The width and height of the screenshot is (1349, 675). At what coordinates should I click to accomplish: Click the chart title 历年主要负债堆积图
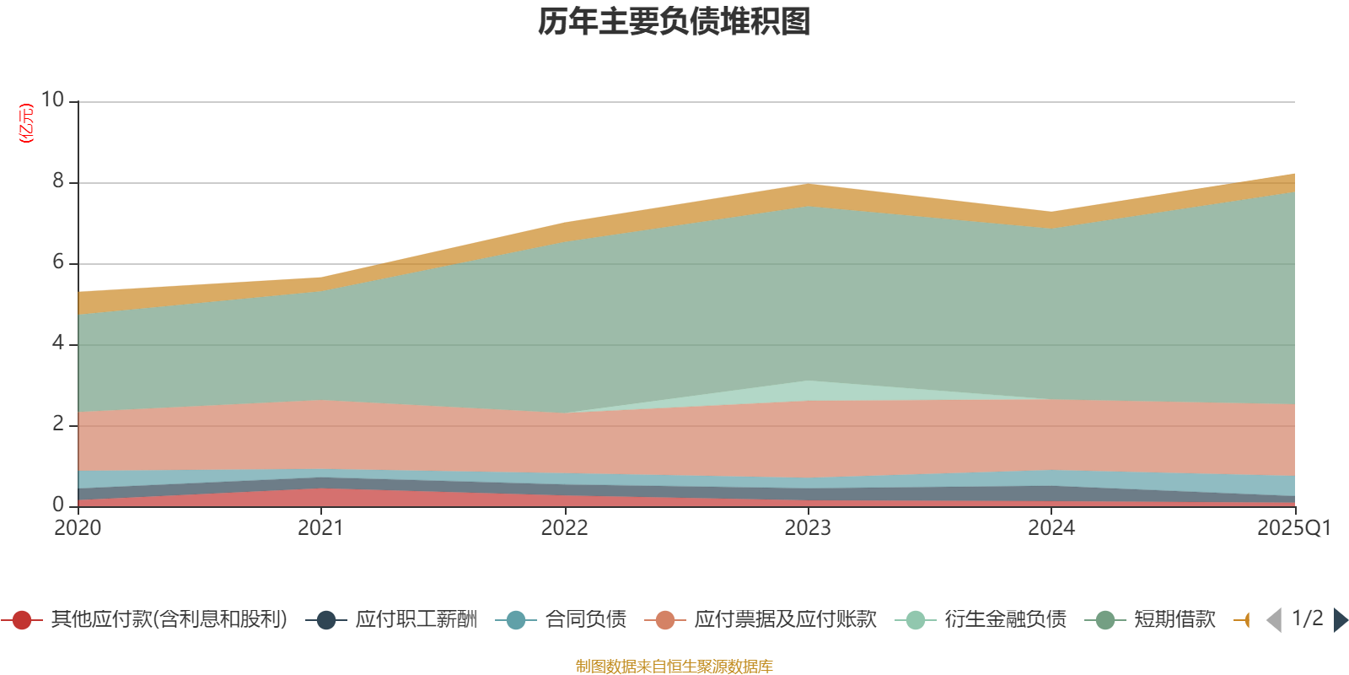coord(674,22)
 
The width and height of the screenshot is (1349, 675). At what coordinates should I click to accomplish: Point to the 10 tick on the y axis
coord(52,100)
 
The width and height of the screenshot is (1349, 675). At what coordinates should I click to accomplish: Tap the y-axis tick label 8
coord(58,181)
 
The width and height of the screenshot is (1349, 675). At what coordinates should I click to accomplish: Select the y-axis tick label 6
coord(58,262)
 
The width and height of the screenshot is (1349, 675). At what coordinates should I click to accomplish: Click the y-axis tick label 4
coord(58,343)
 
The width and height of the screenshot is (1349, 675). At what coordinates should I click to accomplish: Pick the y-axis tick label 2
coord(58,424)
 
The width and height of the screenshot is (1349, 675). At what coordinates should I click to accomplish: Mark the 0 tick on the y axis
coord(58,505)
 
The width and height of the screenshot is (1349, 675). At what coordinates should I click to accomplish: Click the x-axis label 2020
coord(78,528)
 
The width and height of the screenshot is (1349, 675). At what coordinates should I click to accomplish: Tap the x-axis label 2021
coord(320,528)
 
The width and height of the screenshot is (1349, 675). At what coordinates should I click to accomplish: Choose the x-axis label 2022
coord(564,528)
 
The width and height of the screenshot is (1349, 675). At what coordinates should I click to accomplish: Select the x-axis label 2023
coord(808,528)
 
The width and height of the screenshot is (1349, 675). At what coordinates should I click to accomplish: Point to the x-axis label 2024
coord(1051,528)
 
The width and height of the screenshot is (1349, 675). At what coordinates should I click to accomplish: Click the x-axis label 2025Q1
coord(1293,528)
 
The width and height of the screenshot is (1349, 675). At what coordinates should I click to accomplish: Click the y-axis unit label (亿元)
coord(26,123)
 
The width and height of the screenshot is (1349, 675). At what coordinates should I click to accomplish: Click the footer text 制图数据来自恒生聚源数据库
coord(674,667)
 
